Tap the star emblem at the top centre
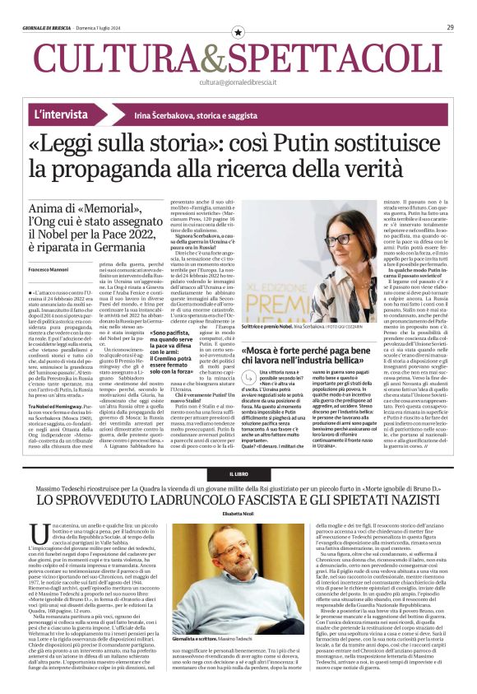238,31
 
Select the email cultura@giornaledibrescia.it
238,82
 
